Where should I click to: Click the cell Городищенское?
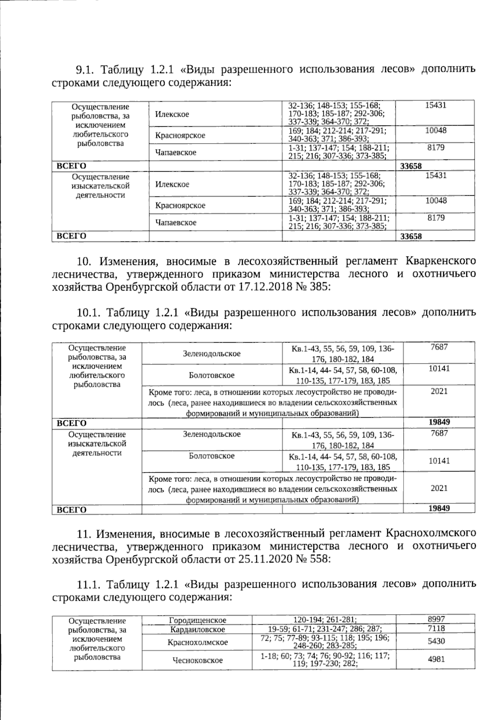(197, 620)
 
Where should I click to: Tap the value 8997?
(436, 619)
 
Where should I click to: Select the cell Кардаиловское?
(197, 629)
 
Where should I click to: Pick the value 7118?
(436, 628)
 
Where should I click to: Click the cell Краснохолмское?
(197, 642)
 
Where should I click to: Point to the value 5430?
(436, 641)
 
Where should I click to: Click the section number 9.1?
(86, 69)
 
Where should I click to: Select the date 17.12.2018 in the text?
(260, 288)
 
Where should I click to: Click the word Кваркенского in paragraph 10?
(441, 261)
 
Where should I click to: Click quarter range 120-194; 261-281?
(324, 620)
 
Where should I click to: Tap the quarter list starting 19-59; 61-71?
(324, 629)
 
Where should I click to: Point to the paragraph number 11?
(84, 534)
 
